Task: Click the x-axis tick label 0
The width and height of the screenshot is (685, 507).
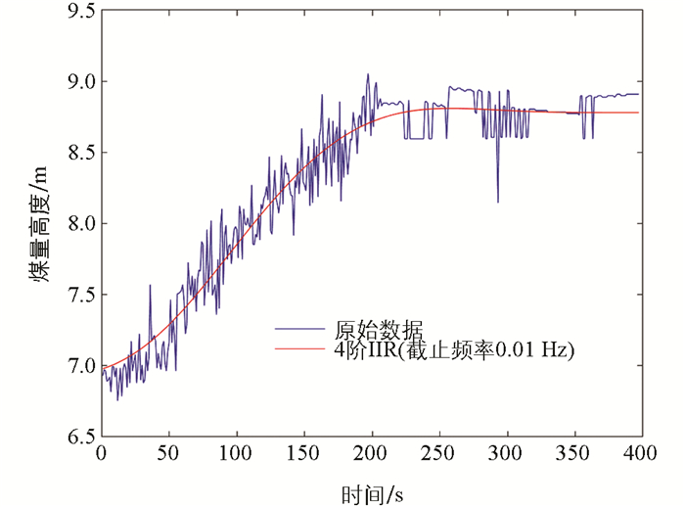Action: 101,454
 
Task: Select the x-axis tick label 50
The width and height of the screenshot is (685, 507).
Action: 168,454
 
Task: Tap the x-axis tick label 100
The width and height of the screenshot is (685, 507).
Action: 235,454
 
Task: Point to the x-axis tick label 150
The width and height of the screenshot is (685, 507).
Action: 303,454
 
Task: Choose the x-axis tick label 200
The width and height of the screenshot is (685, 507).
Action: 371,454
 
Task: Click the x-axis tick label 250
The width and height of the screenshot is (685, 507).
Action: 438,454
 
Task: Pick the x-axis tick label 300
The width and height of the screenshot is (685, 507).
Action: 506,454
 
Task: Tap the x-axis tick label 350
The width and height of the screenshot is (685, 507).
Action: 573,454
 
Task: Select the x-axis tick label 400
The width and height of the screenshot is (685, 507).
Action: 640,454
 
